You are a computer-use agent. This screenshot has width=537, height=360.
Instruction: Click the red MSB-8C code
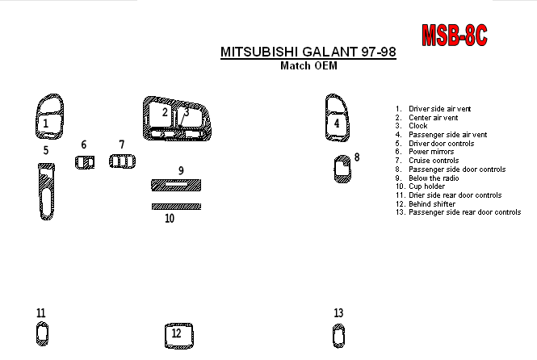coord(454,36)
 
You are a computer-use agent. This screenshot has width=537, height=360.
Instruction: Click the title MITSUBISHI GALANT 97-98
coord(308,52)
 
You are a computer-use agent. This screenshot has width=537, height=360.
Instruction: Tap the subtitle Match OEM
coord(309,65)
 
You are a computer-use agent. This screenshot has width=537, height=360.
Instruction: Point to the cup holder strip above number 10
coord(176,207)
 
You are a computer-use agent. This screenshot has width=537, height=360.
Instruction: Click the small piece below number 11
coord(37,334)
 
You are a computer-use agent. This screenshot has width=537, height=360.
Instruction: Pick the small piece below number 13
coord(334,336)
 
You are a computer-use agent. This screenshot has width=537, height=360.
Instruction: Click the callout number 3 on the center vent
coord(187,112)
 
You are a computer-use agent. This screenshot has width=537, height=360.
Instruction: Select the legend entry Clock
coord(417,126)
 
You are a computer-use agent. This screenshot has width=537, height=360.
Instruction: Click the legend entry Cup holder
coord(426,186)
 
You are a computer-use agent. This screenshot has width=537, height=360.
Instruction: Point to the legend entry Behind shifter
coord(432,204)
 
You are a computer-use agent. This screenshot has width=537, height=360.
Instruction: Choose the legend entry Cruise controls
coord(434,161)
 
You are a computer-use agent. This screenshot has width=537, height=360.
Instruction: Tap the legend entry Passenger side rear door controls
coord(465,212)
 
